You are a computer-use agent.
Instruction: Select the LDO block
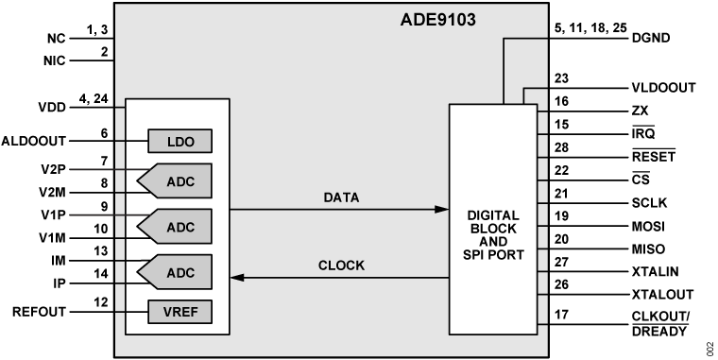179,141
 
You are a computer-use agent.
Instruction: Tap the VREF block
179,310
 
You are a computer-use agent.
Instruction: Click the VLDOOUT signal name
663,88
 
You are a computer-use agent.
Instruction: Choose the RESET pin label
652,156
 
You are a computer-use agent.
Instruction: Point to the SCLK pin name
650,202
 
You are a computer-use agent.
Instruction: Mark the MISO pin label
648,249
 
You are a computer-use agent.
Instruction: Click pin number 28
562,148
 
